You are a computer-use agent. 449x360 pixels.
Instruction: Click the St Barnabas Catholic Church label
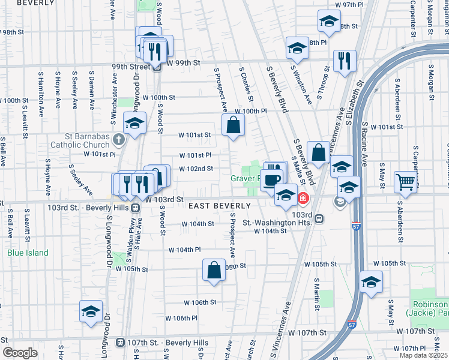[x=80, y=140]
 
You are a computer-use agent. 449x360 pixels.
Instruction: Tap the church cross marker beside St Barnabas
[x=119, y=140]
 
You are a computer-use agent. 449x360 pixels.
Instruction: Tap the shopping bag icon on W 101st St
[x=233, y=125]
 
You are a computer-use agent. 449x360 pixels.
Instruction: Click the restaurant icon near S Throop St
[x=345, y=61]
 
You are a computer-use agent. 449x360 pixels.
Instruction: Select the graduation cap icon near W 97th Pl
[x=328, y=22]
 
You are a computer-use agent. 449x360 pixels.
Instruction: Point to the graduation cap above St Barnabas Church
[x=135, y=124]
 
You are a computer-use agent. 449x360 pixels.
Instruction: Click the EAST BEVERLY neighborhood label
[x=219, y=206]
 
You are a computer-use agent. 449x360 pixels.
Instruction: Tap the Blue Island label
[x=28, y=253]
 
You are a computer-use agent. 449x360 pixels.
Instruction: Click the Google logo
[x=19, y=353]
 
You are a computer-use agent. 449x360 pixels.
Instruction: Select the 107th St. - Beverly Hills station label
[x=167, y=343]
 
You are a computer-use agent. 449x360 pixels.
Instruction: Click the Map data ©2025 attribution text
[x=424, y=355]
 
